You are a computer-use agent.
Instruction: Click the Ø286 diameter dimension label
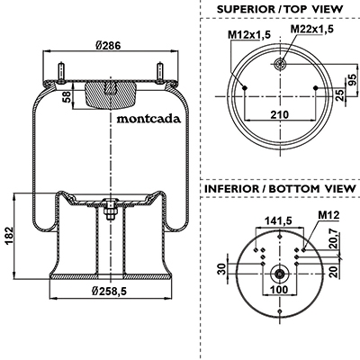coord(108,46)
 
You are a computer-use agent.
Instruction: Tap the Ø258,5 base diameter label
coord(109,291)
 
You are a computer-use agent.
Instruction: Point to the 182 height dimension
coord(9,236)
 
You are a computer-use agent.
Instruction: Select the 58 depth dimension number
coord(67,96)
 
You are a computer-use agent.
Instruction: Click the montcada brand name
coord(148,119)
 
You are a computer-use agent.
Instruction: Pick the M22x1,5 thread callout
coord(312,29)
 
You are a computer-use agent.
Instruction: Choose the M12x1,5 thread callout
coord(249,35)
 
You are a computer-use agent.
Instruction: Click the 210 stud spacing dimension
coord(280,114)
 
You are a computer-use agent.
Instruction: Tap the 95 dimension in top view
coord(353,79)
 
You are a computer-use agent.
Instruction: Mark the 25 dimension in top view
coord(339,95)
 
